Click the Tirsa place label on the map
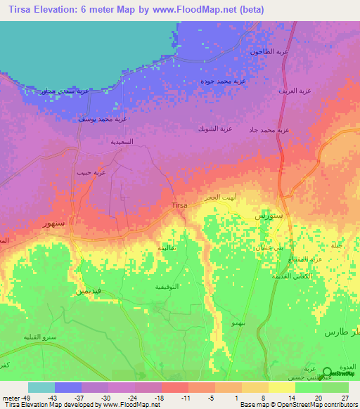click(x=179, y=205)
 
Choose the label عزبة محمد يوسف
click(x=102, y=119)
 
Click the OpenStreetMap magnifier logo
click(x=328, y=375)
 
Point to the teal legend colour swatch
click(x=41, y=387)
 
